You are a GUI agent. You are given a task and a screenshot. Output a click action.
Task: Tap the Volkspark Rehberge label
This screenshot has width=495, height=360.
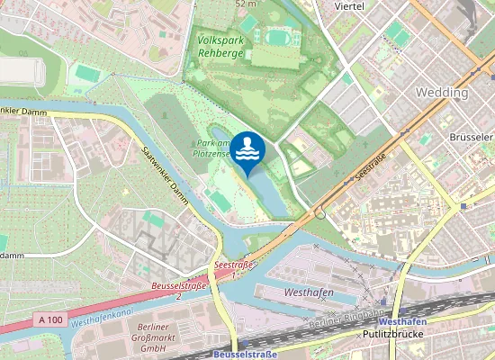coord(219,47)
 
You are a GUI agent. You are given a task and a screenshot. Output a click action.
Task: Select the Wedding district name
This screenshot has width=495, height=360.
coord(441,93)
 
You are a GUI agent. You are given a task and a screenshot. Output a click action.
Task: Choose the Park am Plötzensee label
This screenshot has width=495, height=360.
coord(214,149)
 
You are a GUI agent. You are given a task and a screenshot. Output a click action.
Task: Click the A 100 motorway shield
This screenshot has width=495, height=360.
coord(53,319)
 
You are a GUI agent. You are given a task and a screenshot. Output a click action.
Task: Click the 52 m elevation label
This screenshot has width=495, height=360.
coord(246,4)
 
